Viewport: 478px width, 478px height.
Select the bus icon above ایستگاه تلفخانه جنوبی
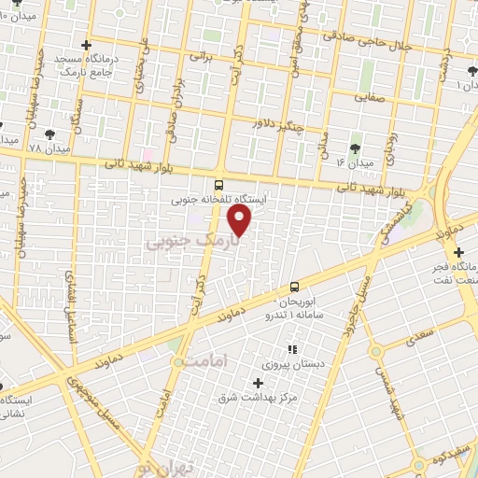(218, 185)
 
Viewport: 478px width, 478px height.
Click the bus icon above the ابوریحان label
(294, 287)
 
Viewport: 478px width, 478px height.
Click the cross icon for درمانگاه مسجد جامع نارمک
(87, 44)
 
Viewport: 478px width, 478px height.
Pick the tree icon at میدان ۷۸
(49, 134)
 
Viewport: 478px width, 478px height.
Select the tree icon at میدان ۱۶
(354, 148)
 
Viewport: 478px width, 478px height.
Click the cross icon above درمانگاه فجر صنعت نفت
(458, 250)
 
